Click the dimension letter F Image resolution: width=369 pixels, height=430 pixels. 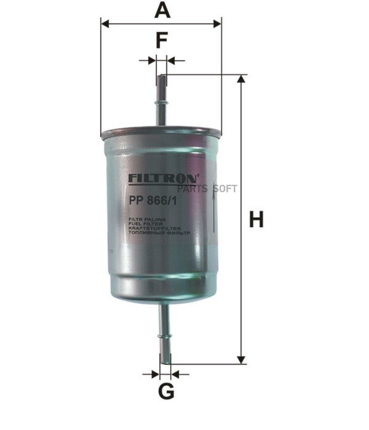tap(162, 41)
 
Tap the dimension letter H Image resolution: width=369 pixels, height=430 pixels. tap(256, 220)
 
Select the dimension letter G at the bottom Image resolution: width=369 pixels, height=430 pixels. tap(166, 392)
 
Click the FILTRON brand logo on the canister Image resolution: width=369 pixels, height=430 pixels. tap(164, 179)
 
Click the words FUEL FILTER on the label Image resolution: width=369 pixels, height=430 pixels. tap(146, 224)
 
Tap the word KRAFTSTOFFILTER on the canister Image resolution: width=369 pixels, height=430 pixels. tap(155, 229)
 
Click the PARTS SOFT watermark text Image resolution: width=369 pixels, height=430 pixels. tap(207, 189)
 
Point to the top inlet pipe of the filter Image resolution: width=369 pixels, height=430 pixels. tap(162, 102)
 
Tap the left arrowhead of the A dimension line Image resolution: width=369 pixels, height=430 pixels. tap(105, 24)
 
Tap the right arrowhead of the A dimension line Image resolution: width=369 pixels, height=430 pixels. tap(217, 24)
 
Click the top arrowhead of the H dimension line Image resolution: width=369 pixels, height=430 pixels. tap(241, 79)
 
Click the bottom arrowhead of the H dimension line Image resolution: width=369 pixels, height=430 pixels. tap(241, 360)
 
